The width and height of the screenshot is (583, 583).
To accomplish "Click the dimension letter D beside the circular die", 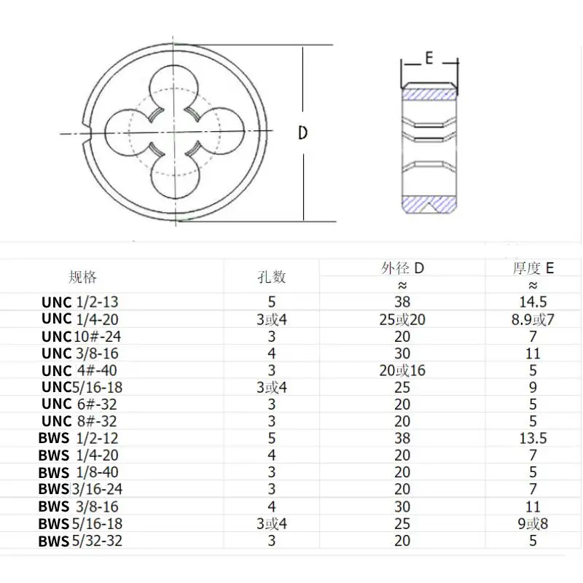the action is [x=303, y=133].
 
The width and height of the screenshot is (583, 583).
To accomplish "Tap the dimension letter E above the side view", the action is [x=429, y=58].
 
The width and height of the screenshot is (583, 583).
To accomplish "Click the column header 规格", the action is [x=82, y=277].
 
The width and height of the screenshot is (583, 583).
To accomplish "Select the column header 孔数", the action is [x=271, y=277].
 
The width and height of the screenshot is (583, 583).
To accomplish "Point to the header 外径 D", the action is [x=402, y=267].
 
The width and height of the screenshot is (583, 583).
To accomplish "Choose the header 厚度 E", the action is [x=533, y=267].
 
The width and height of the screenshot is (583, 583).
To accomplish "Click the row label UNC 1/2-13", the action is [x=80, y=302].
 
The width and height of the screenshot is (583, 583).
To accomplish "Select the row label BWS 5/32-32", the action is [x=80, y=541].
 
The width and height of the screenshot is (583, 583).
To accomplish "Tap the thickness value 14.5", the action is [x=533, y=302].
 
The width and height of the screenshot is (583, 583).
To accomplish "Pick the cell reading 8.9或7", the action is [x=533, y=319].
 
